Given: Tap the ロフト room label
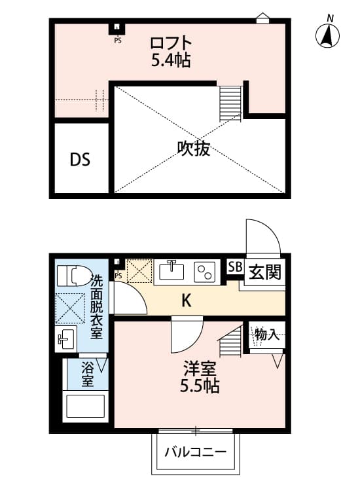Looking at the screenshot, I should tap(170, 44).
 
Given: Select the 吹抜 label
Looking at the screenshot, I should tap(194, 149).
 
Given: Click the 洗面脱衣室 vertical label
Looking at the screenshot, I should tap(96, 306).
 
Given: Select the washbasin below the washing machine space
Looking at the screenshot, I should tap(65, 339).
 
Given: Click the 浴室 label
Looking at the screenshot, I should tap(87, 375).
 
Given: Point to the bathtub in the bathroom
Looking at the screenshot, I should tap(86, 407).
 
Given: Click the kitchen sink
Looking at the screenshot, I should tap(173, 270).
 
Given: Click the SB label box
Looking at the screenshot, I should tap(234, 267).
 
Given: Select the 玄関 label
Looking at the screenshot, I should tap(264, 271).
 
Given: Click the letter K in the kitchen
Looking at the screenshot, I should tap(186, 300).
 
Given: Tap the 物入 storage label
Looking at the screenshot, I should tap(267, 335).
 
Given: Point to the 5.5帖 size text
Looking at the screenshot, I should tap(200, 386).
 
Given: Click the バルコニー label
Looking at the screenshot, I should tap(195, 452).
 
